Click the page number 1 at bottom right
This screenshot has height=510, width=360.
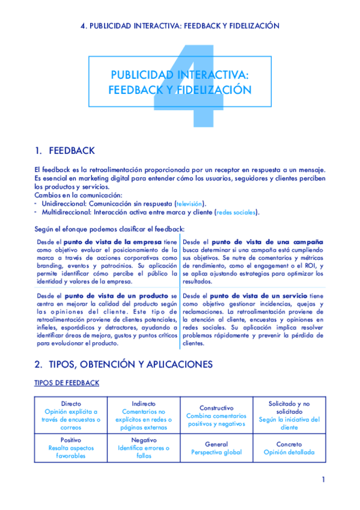pyautogui.click(x=323, y=479)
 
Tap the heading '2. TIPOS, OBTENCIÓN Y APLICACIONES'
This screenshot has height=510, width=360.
pyautogui.click(x=123, y=364)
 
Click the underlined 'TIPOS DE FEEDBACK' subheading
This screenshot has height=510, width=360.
pyautogui.click(x=67, y=383)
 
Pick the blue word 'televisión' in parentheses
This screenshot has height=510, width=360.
pyautogui.click(x=189, y=203)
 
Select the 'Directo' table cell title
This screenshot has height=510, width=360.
pyautogui.click(x=72, y=403)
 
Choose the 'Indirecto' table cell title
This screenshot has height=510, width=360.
pyautogui.click(x=144, y=403)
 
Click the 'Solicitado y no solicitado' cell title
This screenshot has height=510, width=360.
pyautogui.click(x=289, y=407)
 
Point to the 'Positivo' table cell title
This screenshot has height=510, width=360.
pyautogui.click(x=72, y=440)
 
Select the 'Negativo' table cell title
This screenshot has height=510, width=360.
pyautogui.click(x=144, y=440)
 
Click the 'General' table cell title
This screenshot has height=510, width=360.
pyautogui.click(x=216, y=444)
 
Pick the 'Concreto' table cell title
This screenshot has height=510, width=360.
pyautogui.click(x=289, y=444)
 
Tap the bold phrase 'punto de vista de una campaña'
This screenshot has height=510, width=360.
pyautogui.click(x=267, y=242)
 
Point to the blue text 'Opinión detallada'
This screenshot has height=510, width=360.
pyautogui.click(x=289, y=452)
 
